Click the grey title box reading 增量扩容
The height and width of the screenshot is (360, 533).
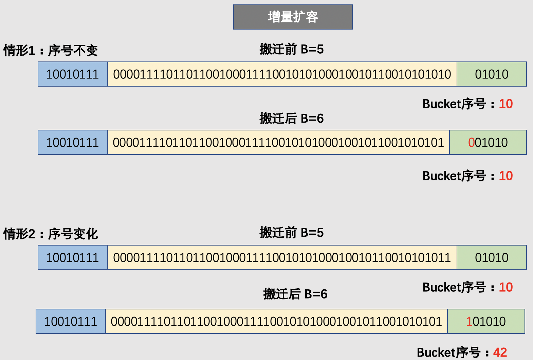click(293, 17)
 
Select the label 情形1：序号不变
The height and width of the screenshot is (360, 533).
click(51, 51)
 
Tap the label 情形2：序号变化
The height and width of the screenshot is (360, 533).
click(51, 234)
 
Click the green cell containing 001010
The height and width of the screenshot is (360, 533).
click(488, 143)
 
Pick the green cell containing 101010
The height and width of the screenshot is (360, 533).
click(486, 321)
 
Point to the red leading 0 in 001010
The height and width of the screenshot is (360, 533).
click(471, 143)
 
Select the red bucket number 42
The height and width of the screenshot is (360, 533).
click(500, 353)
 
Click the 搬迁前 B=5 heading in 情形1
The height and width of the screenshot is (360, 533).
click(291, 49)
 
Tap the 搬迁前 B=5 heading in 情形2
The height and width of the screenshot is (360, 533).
click(291, 233)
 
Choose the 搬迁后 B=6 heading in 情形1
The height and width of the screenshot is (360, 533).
click(291, 119)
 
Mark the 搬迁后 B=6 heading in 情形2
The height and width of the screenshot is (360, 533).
click(295, 294)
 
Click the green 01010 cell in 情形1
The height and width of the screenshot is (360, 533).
click(492, 74)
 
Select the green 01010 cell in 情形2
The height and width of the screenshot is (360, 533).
click(492, 258)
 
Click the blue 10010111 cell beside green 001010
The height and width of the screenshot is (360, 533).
click(73, 143)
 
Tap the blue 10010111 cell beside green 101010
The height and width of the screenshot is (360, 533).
click(71, 321)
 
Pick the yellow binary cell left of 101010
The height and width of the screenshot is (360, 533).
click(276, 321)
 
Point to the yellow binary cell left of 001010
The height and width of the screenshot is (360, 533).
click(278, 143)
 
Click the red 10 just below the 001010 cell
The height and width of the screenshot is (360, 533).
click(506, 176)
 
